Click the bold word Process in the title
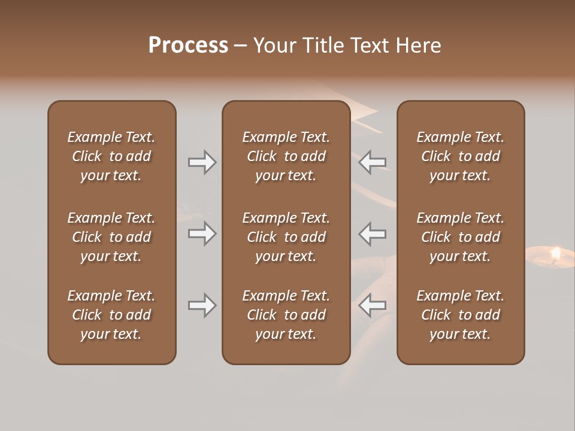tap(188, 45)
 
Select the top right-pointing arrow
tap(202, 162)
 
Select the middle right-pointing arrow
tap(202, 233)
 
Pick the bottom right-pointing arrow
tap(202, 306)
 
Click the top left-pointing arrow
tap(373, 162)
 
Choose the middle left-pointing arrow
tap(373, 233)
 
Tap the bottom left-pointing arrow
tap(373, 306)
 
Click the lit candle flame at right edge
tap(555, 254)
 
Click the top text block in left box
tap(111, 156)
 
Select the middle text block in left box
tap(111, 237)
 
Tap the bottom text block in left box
tap(111, 315)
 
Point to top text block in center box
tap(286, 156)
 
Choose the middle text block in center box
tap(286, 237)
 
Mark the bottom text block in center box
tap(286, 315)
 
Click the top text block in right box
tap(461, 156)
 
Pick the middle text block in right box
tap(461, 237)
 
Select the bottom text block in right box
tap(461, 315)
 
